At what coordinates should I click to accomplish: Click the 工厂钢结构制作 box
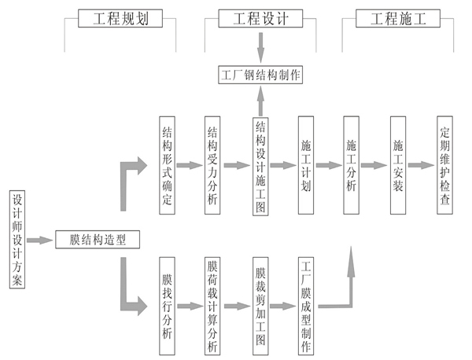[260, 75]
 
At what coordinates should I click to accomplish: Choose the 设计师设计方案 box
[17, 239]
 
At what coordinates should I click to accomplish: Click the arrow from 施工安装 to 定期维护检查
[422, 167]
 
